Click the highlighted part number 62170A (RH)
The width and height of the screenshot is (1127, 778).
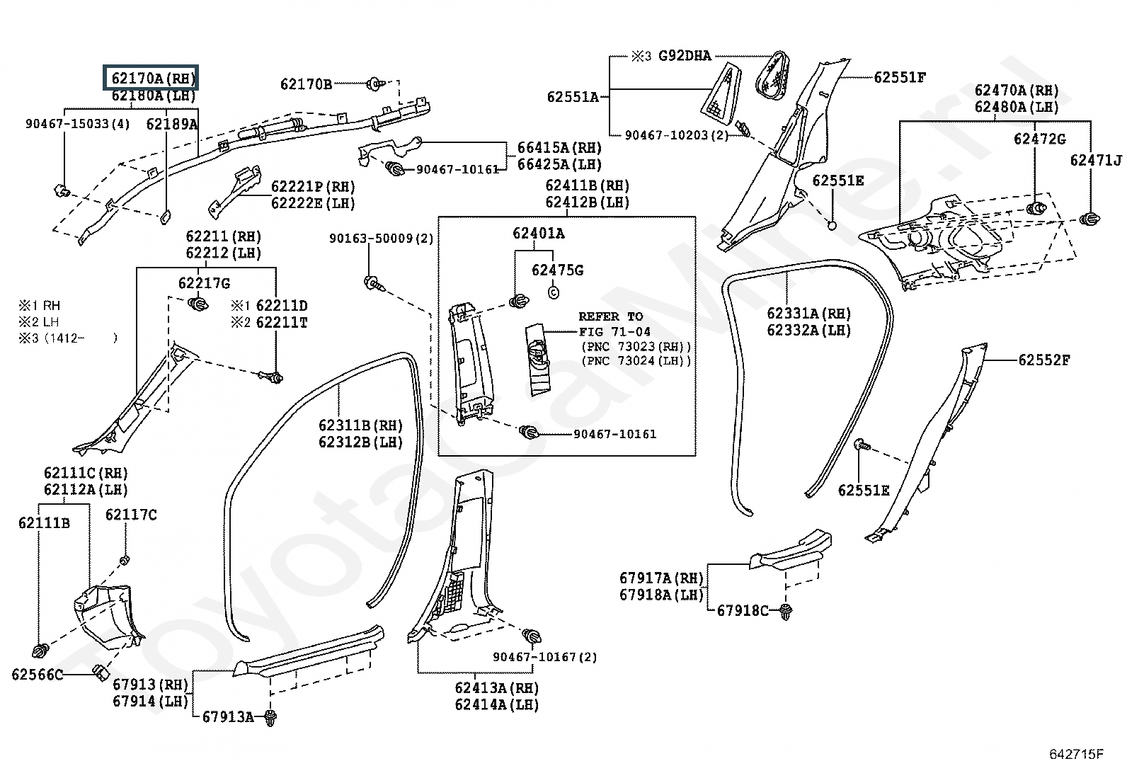point(153,79)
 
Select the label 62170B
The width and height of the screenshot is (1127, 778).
point(306,84)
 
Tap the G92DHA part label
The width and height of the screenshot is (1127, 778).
point(685,56)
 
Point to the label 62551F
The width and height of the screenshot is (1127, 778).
point(900,77)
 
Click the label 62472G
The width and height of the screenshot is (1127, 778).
point(1039,139)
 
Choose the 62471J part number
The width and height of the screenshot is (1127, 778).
point(1096,160)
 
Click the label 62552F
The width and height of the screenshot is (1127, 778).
point(1044,360)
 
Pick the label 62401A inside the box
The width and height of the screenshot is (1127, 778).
point(538,233)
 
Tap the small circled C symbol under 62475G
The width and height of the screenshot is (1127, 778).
point(554,292)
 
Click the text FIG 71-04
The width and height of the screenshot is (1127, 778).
point(614,331)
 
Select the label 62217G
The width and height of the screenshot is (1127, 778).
point(204,283)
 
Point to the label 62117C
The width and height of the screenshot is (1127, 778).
point(131,515)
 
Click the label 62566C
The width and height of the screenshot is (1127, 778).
point(38,675)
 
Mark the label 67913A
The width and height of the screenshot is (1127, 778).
point(228,716)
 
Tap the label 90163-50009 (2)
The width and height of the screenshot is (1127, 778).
point(382,238)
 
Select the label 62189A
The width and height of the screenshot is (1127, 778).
point(172,124)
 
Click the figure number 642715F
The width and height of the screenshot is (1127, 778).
point(1076,754)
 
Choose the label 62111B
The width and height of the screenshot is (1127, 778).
point(45,523)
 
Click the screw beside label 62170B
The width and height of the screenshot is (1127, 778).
point(375,84)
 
